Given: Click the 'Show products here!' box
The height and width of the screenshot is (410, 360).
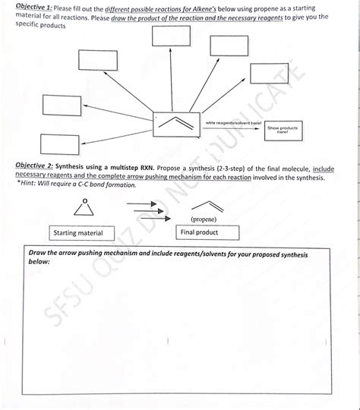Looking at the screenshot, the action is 283,131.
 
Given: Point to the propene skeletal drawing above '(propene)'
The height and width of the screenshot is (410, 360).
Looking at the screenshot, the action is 206,207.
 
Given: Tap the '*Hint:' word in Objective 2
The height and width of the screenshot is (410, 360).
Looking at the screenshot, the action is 38,185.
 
